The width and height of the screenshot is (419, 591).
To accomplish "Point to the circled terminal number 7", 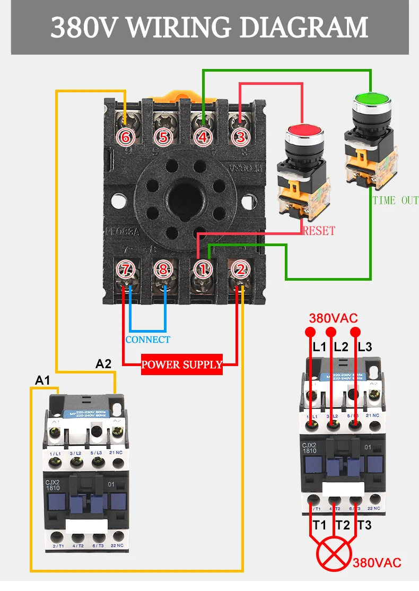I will (125, 270).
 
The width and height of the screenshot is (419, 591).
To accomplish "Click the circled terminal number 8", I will (163, 270).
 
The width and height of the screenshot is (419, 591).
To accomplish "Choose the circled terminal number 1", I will (202, 270).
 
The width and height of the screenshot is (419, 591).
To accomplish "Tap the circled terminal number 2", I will (240, 270).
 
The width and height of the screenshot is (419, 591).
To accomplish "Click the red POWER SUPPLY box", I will (182, 364).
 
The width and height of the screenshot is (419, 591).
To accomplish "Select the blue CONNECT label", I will (148, 340).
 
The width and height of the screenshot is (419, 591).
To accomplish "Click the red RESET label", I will (319, 231).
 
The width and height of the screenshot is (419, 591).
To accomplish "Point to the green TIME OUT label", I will (395, 201).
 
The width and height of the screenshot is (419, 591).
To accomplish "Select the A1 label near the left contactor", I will (42, 380).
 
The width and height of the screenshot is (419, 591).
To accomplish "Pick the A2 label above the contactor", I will (103, 364).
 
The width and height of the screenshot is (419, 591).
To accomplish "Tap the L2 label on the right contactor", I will (341, 347).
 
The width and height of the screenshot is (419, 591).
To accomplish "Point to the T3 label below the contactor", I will (364, 525).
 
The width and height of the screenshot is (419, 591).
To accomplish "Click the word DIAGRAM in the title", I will (303, 28).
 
